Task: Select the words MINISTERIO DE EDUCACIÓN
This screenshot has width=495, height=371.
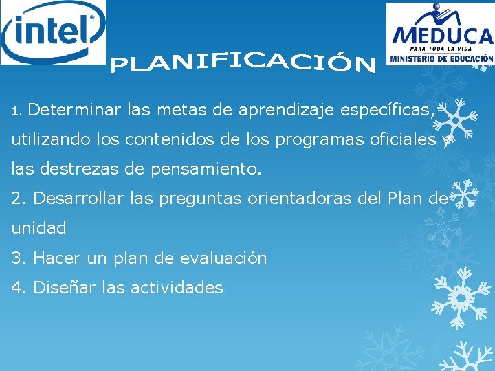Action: [x=441, y=59]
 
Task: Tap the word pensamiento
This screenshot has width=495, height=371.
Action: [x=207, y=168]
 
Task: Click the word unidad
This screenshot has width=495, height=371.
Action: [x=39, y=227]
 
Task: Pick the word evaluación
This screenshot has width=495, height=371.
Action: [x=223, y=258]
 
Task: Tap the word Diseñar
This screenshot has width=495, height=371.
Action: [x=65, y=287]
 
